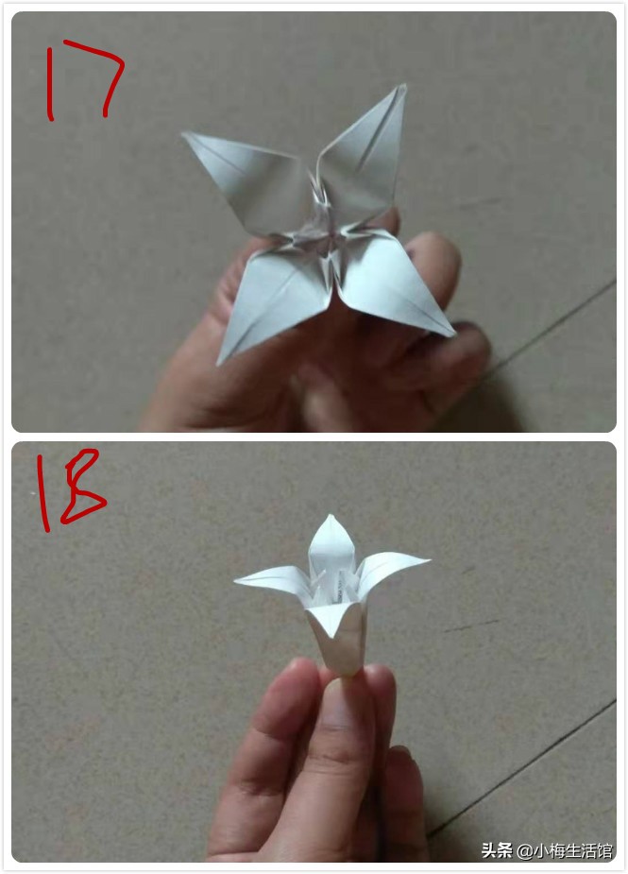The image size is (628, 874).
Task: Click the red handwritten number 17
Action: (x=85, y=80)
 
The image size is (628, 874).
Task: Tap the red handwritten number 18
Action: (x=68, y=491)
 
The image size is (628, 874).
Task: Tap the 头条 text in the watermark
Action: (x=498, y=850)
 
